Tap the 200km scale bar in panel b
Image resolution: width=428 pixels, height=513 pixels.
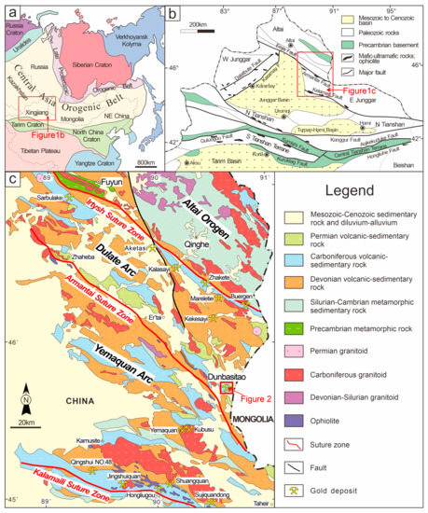click(198, 27)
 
